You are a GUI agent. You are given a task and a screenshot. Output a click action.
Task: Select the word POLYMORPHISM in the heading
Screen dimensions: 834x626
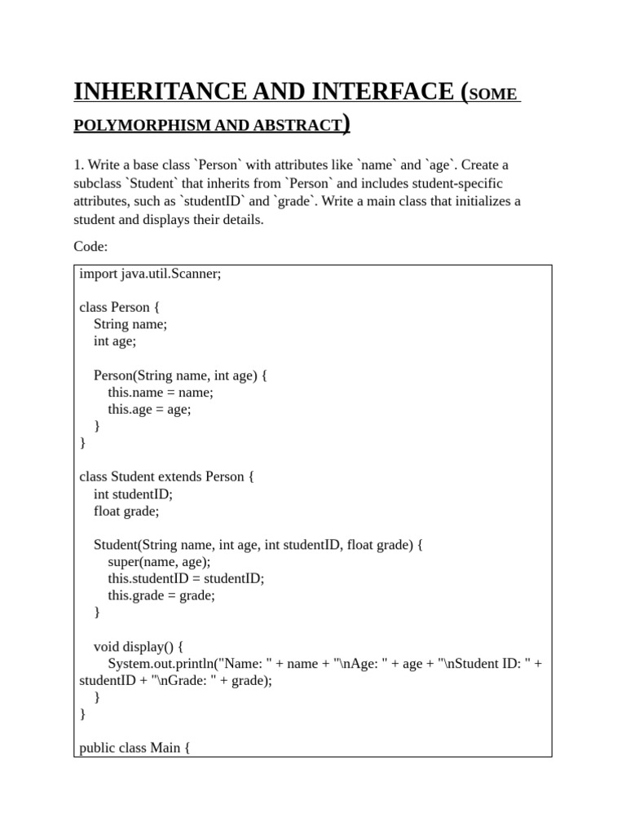[143, 125]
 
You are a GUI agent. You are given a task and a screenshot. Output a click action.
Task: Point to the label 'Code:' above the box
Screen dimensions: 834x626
[90, 246]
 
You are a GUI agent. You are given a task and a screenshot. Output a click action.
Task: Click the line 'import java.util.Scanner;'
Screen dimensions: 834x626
[150, 274]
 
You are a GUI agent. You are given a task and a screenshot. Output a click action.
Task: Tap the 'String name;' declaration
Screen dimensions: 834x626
[130, 324]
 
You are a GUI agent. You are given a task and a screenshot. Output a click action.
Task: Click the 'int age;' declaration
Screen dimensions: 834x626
[115, 341]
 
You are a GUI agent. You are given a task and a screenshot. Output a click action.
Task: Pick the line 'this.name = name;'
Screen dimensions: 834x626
[161, 392]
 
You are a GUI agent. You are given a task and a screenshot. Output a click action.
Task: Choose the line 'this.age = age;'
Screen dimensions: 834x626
[149, 409]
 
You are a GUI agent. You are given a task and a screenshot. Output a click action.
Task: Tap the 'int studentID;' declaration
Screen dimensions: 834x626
[133, 494]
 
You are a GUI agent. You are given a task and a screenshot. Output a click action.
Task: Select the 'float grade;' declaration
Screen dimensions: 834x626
[126, 511]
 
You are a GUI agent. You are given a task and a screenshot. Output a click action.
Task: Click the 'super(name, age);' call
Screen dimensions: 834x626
[159, 561]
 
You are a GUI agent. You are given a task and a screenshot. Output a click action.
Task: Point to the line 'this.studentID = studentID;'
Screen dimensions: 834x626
[186, 578]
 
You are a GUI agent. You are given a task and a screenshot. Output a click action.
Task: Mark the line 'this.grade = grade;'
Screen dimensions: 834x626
[161, 595]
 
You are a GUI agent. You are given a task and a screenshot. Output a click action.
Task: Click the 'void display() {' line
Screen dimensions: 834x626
[138, 646]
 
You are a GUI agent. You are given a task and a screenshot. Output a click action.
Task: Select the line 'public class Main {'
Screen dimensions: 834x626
[134, 748]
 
